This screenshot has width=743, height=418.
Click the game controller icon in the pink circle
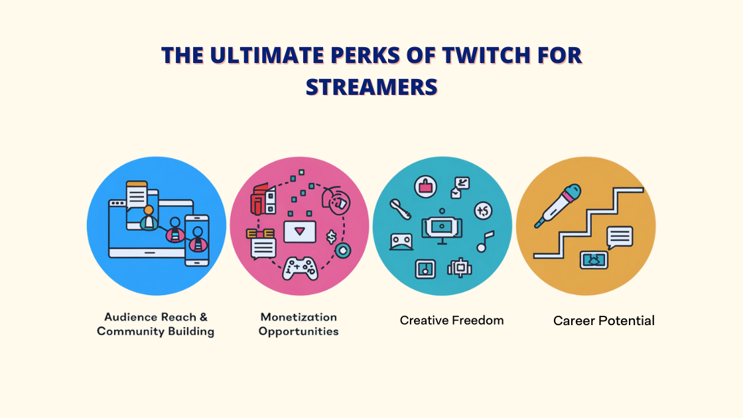[300, 268]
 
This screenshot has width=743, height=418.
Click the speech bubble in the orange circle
[620, 237]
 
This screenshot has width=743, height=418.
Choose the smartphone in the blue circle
[197, 240]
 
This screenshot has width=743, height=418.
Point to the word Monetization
[299, 317]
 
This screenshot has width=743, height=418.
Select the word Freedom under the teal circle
[476, 320]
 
